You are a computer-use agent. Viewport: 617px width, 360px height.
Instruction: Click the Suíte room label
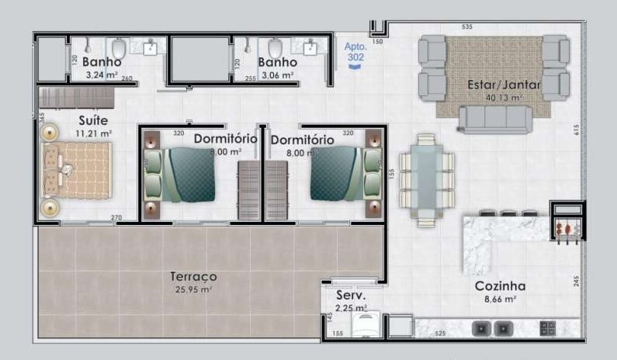pos(93,121)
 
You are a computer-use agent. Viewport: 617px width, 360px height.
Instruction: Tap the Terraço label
pos(193,276)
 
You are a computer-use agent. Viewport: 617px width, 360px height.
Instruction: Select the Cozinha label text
pos(501,286)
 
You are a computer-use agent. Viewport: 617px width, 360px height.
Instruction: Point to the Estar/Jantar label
pos(494,84)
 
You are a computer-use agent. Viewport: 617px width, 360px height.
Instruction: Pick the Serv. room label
pos(351,296)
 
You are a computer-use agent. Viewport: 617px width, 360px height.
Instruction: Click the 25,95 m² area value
pos(193,289)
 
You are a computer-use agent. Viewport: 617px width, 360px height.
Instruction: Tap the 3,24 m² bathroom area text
pos(101,75)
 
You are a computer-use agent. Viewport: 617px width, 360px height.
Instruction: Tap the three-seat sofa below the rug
pos(494,119)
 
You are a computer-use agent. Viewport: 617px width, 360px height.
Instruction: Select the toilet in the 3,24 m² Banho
pos(119,48)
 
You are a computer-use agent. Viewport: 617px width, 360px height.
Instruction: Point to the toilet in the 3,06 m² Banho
pos(273,48)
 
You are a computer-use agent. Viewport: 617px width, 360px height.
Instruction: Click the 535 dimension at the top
pos(466,27)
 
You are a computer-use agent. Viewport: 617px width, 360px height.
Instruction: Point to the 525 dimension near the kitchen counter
pos(440,334)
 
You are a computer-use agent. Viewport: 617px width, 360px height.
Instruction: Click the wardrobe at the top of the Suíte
pos(77,98)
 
